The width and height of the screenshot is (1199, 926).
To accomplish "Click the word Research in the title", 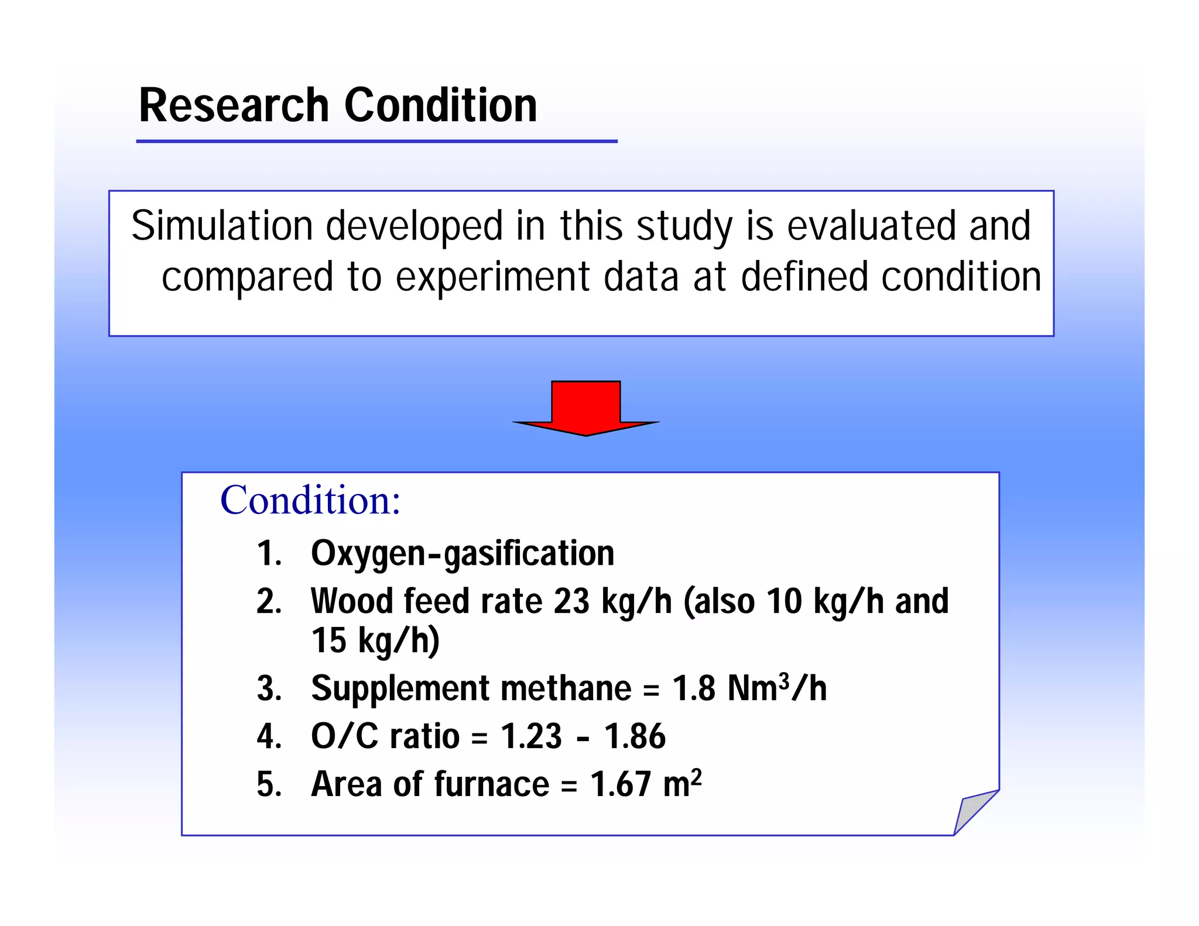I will (x=234, y=105).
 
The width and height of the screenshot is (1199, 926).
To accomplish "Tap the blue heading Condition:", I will (x=310, y=500).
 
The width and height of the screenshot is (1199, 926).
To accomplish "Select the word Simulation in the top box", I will (x=221, y=227).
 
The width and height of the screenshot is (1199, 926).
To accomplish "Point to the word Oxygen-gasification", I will (x=463, y=554).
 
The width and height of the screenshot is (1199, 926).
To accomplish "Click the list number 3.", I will (x=268, y=688).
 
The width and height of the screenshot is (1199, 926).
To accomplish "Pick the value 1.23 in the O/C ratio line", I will (x=531, y=736).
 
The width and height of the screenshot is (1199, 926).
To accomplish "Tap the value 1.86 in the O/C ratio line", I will (x=635, y=736).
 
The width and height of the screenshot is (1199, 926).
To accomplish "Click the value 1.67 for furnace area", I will (x=620, y=784).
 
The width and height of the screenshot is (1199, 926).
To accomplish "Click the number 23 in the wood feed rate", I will (x=571, y=602).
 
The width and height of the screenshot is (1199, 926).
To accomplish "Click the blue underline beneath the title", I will (x=376, y=141).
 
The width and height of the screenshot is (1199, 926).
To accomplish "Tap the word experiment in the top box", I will (x=492, y=277).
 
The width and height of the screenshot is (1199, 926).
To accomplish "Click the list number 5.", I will (x=268, y=784).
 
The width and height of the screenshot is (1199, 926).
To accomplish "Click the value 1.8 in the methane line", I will (x=693, y=688).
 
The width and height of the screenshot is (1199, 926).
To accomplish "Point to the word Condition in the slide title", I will (x=440, y=105).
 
